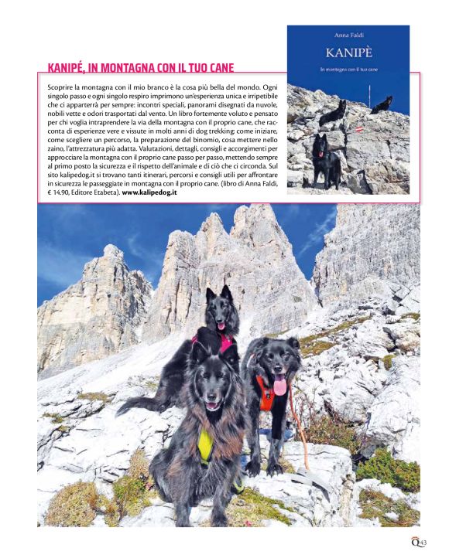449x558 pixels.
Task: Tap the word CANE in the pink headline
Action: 218,68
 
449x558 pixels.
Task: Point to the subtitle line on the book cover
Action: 348,71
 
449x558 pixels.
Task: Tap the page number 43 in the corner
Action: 423,543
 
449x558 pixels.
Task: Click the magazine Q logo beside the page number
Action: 414,543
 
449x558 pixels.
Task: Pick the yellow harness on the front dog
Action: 205,444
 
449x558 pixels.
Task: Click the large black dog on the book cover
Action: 325,158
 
